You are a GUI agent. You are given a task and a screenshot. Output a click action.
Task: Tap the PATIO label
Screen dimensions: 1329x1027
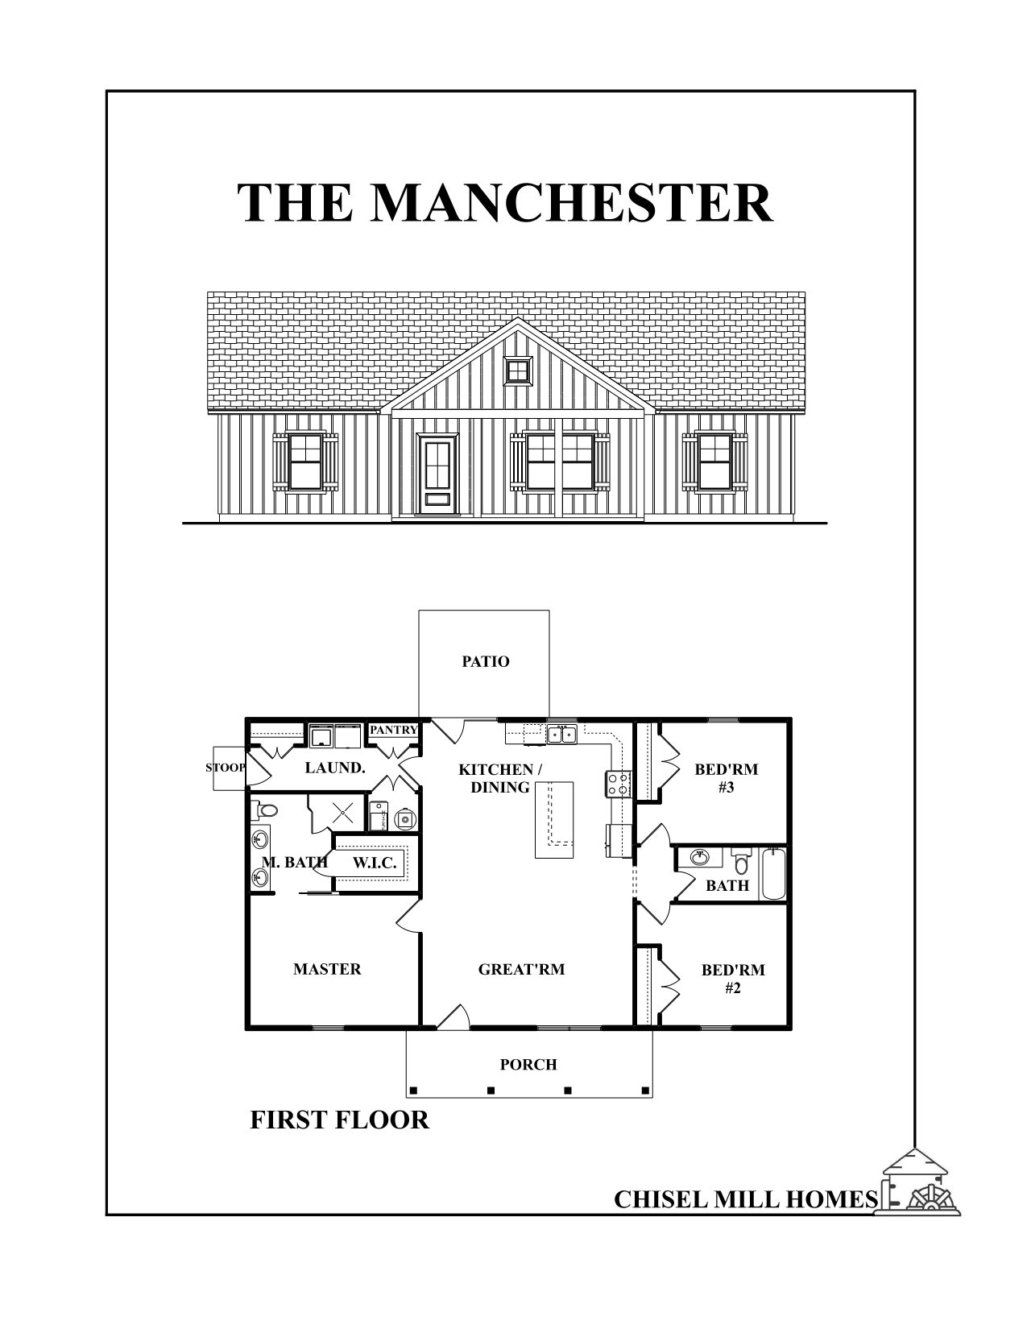point(486,662)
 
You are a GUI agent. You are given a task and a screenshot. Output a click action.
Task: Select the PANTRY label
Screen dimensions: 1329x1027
point(393,730)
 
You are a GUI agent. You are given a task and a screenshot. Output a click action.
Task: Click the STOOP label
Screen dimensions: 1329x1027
point(226,768)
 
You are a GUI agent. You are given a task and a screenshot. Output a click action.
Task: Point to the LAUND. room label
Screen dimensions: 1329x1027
point(335,768)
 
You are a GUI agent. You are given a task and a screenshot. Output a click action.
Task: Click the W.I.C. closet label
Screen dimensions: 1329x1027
point(375,863)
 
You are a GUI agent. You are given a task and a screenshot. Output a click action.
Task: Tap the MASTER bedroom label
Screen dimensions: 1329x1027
point(327,969)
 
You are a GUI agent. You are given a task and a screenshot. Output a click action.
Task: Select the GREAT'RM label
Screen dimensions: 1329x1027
point(521,969)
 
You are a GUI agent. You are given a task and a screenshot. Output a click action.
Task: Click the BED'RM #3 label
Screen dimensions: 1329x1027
point(726,778)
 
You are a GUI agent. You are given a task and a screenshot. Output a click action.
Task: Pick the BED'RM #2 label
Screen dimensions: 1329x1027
point(733,979)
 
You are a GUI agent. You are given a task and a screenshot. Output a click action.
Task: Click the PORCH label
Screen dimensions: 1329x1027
point(528,1065)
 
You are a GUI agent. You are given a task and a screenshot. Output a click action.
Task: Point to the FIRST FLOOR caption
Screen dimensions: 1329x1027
point(339,1120)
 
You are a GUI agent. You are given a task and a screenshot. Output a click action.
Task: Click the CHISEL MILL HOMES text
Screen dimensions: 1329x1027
point(745,1199)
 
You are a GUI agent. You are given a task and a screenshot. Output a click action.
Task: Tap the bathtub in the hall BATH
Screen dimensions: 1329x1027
point(773,873)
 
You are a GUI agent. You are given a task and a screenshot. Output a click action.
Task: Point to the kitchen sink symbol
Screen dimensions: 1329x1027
point(561,734)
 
